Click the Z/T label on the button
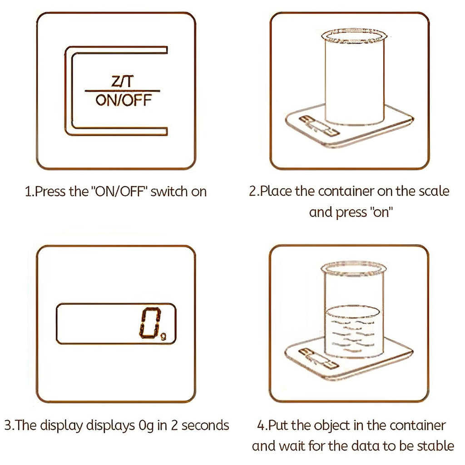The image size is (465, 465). point(123,82)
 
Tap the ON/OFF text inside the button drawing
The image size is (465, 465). point(123,100)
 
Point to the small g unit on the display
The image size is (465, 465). point(163,336)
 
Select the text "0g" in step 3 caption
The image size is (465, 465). point(145,425)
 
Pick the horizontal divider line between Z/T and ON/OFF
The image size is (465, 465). point(123,91)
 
